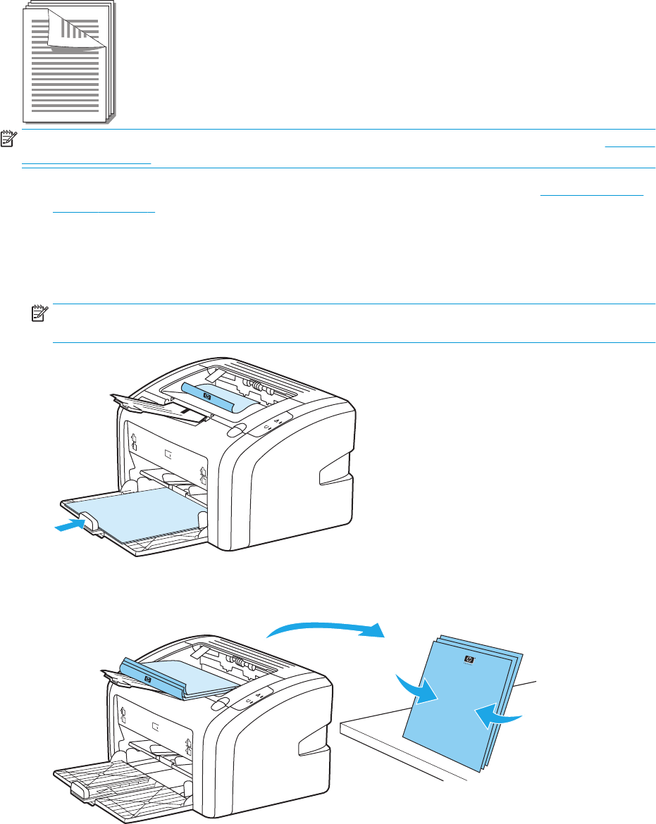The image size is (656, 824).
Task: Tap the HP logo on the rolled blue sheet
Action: [x=206, y=397]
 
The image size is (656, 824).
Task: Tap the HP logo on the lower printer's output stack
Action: [x=147, y=680]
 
